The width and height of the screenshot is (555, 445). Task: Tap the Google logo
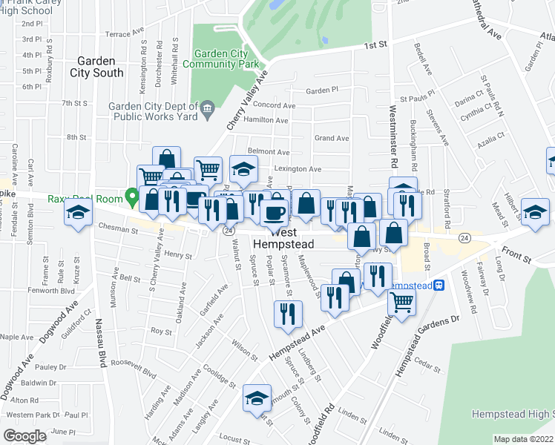click(x=24, y=435)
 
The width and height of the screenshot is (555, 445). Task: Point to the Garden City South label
click(x=96, y=67)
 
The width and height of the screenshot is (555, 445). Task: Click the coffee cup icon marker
click(x=275, y=213)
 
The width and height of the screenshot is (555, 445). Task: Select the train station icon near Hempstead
click(x=439, y=285)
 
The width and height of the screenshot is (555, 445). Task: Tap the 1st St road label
click(x=376, y=45)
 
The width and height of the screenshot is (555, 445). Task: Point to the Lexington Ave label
click(x=298, y=169)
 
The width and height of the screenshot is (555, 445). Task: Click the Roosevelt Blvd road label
click(x=134, y=365)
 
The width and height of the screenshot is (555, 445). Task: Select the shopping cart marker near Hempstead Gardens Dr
click(x=401, y=300)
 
